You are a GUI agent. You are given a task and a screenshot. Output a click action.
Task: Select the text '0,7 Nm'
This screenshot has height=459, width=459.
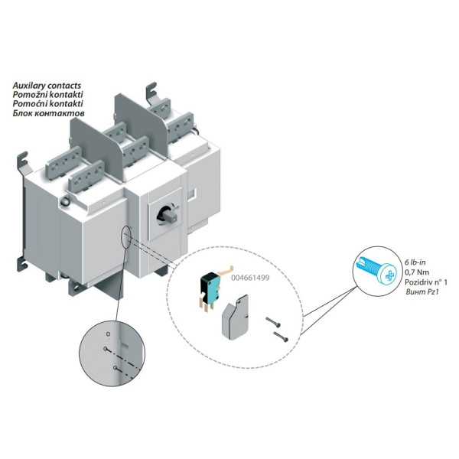click(x=417, y=272)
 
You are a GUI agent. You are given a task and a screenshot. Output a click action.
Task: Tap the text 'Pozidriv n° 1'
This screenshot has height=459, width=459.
click(x=428, y=282)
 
